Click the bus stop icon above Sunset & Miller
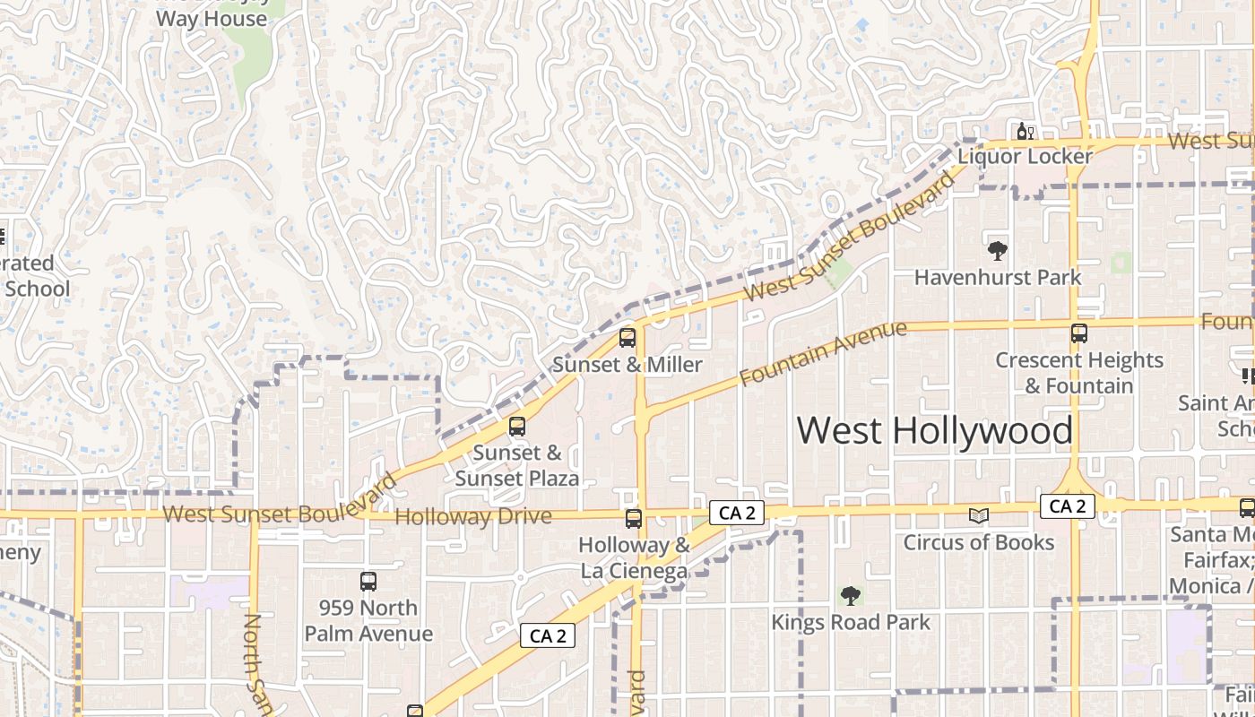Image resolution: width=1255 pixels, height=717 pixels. click(627, 338)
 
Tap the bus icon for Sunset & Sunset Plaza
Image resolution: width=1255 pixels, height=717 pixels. click(517, 427)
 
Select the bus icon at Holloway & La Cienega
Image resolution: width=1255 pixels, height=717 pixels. click(634, 518)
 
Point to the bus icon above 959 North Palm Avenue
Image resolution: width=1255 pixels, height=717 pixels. click(368, 581)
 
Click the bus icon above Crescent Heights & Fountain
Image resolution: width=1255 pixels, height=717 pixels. click(1079, 333)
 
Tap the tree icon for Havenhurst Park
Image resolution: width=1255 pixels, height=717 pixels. click(997, 251)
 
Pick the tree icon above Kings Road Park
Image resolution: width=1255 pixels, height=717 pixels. click(850, 595)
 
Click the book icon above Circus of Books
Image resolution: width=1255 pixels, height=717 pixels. click(979, 515)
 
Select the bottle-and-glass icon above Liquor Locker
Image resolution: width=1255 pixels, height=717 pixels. click(1025, 131)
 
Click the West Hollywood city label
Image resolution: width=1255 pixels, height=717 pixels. click(934, 431)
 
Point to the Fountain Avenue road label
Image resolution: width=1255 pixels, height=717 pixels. click(823, 355)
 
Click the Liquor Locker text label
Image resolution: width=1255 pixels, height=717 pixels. click(1025, 157)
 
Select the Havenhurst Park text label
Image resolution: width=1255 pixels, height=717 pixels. click(998, 278)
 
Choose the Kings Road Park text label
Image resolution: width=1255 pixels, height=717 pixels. click(851, 622)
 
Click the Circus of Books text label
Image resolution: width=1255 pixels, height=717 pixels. click(979, 542)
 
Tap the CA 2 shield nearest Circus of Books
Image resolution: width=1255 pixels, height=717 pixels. click(1067, 506)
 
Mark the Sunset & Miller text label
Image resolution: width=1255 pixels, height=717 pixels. click(627, 365)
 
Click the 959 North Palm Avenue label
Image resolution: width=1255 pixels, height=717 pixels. click(368, 620)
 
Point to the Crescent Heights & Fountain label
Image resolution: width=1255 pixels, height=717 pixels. click(1079, 373)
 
